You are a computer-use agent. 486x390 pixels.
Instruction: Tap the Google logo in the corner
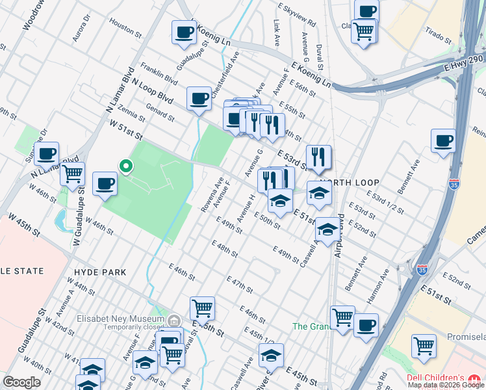(21, 382)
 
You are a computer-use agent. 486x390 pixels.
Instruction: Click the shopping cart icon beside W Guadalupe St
(72, 174)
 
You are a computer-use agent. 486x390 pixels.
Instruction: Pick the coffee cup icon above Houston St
(184, 31)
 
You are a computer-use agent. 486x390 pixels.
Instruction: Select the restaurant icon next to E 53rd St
(318, 156)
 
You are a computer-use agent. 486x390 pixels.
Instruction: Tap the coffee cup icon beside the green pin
(105, 183)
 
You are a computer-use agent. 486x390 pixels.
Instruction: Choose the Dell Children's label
(435, 378)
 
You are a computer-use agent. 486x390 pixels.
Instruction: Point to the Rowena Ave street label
(212, 195)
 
